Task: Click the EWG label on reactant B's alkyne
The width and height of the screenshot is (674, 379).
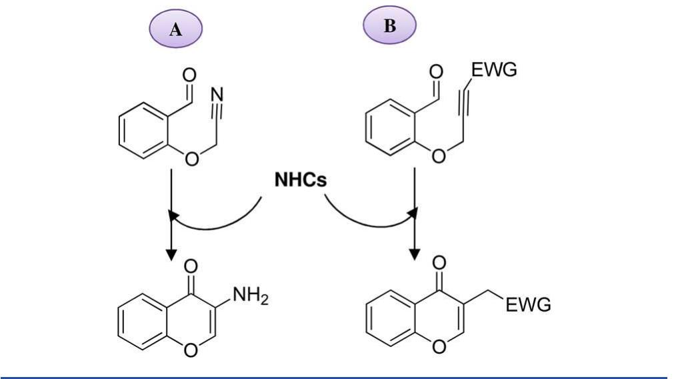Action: [x=494, y=69]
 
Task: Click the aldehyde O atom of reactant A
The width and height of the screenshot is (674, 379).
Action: [x=189, y=70]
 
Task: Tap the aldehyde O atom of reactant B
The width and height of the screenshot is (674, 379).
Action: [x=436, y=71]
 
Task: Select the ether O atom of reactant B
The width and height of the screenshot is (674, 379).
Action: [x=438, y=156]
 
